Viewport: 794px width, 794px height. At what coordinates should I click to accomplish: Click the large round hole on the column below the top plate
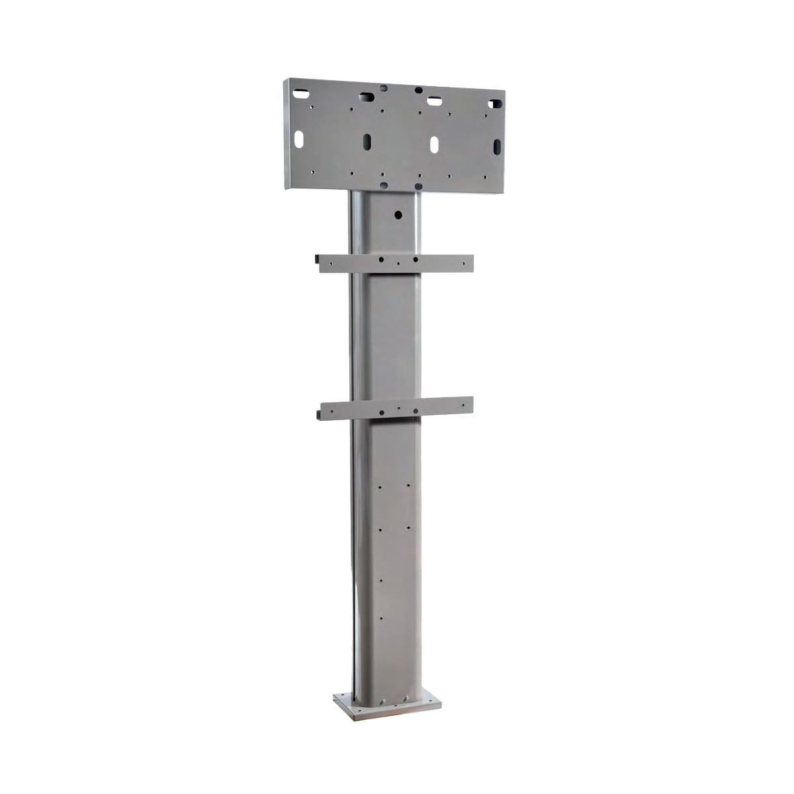pos(397,214)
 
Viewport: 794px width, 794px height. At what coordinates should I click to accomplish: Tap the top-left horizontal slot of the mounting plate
pos(303,85)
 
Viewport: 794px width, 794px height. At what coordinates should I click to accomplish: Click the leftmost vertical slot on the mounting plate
pos(298,139)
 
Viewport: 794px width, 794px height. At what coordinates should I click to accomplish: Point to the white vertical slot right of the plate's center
pos(435,144)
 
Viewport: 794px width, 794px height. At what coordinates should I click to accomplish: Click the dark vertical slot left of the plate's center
pos(366,141)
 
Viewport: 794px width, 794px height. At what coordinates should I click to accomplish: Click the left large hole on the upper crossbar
pos(381,261)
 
